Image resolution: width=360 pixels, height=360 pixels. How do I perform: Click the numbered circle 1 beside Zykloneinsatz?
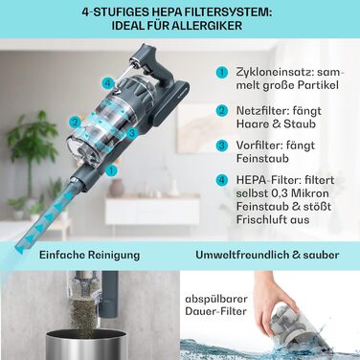tap(222, 73)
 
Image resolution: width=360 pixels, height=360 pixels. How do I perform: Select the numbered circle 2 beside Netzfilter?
tap(222, 111)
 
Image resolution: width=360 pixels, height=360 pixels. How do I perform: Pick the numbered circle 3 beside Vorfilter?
tap(222, 146)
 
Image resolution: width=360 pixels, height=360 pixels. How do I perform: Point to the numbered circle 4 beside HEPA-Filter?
tap(222, 180)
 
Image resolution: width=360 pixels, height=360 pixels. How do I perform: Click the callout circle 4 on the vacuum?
tap(108, 84)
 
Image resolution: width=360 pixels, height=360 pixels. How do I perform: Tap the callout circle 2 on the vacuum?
tap(76, 122)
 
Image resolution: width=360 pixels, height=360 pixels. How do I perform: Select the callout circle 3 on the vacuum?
tap(132, 132)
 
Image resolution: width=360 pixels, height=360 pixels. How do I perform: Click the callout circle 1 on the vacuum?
tap(111, 170)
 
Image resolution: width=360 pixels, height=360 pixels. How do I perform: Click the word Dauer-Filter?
tap(216, 311)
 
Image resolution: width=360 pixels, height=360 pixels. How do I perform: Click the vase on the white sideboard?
tap(117, 188)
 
